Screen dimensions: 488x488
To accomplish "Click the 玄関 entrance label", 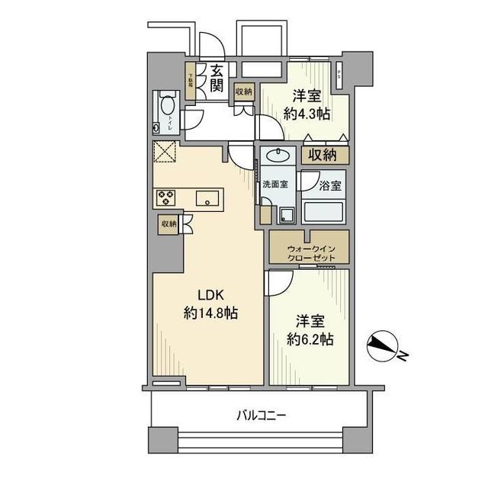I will [217, 78].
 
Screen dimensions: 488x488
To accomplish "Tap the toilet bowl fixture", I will [166, 107].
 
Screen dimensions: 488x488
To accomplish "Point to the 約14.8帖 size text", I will [210, 313].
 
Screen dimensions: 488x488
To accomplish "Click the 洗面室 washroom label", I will [274, 185].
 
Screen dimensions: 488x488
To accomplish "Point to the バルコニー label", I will [261, 416].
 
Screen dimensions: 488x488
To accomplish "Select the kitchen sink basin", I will [207, 198].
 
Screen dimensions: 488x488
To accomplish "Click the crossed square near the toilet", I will [165, 152].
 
